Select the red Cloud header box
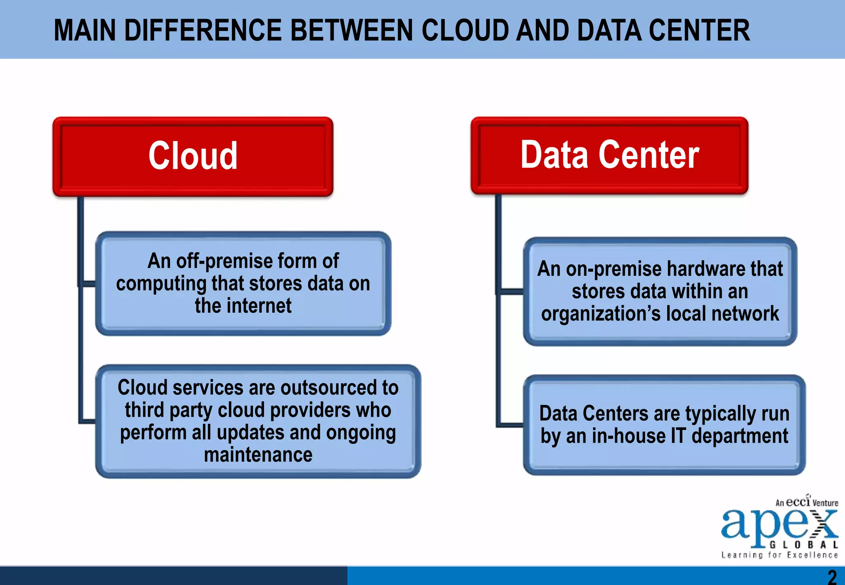193,156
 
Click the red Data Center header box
609,155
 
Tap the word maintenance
258,455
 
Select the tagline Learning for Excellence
779,555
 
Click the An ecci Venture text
806,502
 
